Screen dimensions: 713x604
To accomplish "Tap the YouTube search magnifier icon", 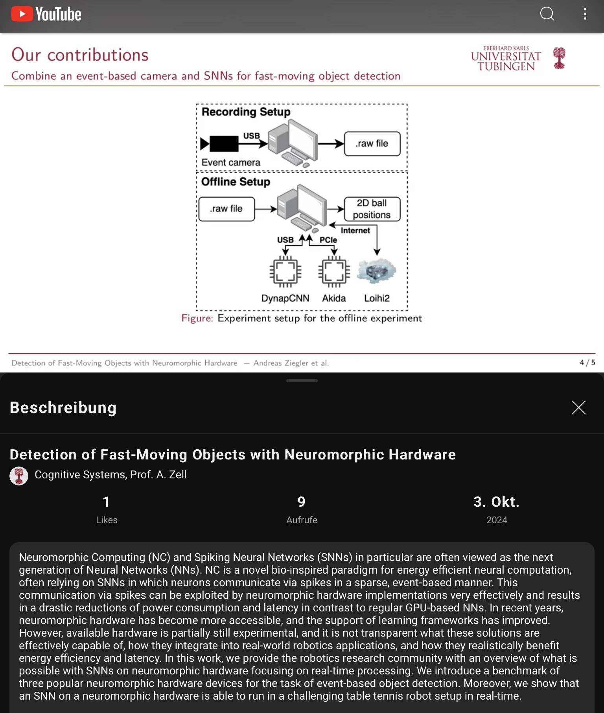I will tap(547, 14).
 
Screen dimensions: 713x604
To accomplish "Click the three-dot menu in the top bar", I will tap(585, 14).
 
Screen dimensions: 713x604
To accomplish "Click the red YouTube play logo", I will tap(22, 14).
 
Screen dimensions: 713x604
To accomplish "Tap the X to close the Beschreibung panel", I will tap(578, 407).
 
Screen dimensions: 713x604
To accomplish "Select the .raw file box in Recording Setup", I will tap(372, 144).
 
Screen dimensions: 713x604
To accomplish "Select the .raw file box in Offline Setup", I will tap(226, 209).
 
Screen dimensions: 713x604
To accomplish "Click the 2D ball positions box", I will tap(372, 209).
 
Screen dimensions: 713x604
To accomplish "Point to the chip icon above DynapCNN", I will tap(285, 271).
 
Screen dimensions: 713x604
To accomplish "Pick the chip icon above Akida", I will tap(334, 271).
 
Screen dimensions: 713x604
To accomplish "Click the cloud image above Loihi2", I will tap(376, 271).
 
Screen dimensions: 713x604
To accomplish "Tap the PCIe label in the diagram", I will tap(328, 240).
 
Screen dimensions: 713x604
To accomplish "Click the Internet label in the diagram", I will tap(355, 230).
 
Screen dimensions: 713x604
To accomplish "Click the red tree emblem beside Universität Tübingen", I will tap(559, 58).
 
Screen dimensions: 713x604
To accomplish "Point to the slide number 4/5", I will tap(587, 362).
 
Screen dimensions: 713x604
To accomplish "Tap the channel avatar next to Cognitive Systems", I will tap(19, 476).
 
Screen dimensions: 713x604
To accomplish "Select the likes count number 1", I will tap(106, 502).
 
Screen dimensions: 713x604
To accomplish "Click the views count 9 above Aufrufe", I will tap(302, 502).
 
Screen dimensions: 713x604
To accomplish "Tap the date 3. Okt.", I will tap(497, 502).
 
